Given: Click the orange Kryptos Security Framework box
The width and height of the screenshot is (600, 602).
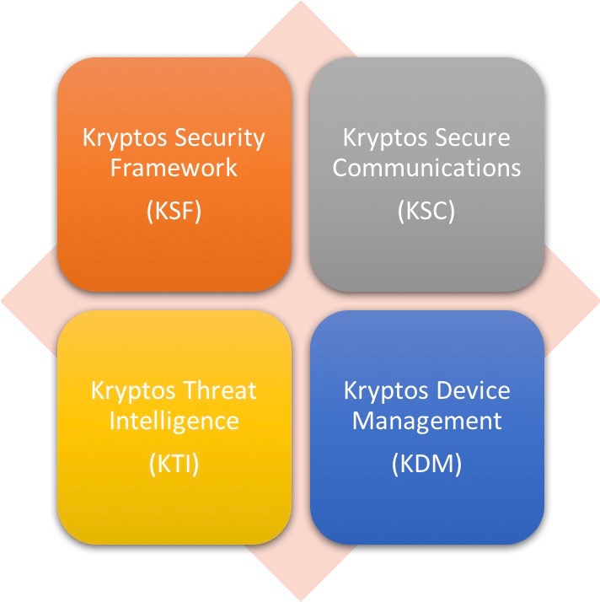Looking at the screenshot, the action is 174,174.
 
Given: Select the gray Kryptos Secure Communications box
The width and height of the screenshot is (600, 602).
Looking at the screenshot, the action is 427,174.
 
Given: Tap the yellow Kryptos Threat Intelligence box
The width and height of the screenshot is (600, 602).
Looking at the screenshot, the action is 174,427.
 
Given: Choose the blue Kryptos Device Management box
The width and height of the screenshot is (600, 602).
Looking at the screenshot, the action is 427,427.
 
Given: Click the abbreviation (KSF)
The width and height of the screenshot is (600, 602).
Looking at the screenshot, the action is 174,211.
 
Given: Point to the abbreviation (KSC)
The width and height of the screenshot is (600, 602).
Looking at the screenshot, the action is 426,211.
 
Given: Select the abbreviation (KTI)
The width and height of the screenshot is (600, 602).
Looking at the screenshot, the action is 174,464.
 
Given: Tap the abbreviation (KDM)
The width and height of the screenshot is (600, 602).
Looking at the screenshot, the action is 426,464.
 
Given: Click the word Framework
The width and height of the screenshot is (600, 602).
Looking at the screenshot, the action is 174,168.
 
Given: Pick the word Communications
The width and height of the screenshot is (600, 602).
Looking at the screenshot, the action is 426,168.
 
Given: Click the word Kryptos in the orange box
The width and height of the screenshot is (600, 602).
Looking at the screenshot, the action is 125,139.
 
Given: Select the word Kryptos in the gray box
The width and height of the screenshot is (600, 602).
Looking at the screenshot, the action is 385,139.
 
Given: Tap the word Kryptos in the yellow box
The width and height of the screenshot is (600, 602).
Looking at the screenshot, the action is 133,392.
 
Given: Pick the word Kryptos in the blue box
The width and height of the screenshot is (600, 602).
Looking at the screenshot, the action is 386,392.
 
